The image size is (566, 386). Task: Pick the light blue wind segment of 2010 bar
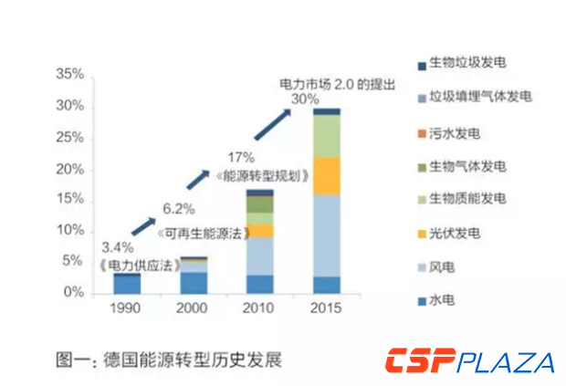pos(260,256)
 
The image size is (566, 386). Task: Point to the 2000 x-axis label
pos(194,308)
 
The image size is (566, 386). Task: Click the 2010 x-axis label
pos(260,308)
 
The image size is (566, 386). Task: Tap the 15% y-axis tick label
pos(71,199)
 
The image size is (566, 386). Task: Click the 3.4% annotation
pos(118,247)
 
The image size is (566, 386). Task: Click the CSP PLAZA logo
pos(469,361)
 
